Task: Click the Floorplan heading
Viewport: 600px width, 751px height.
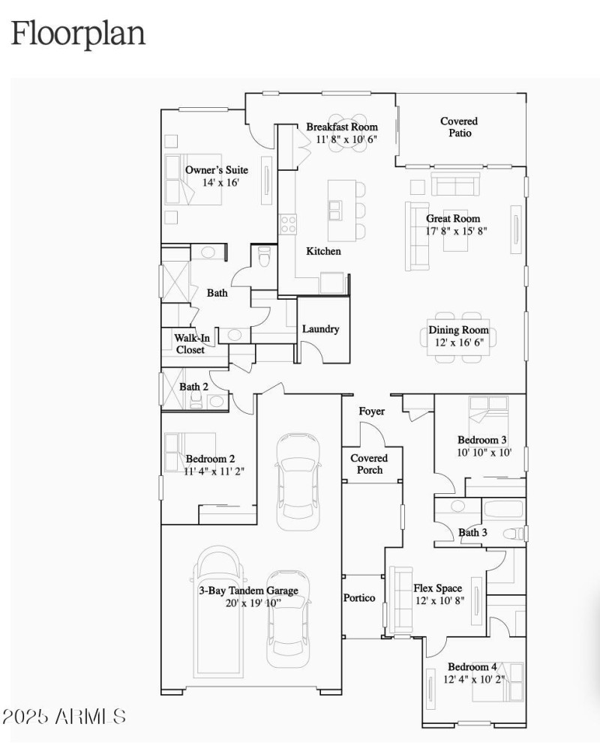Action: pos(78,34)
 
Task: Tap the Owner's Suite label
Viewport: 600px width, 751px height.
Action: pos(217,170)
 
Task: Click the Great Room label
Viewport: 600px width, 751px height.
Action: pos(453,219)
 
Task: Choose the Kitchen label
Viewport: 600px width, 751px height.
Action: pos(323,251)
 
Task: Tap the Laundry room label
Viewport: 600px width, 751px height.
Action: pos(320,329)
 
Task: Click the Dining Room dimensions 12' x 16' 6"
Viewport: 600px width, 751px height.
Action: pos(458,343)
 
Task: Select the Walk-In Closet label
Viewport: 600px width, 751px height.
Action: pos(190,344)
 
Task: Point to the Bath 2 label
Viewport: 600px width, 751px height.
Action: pos(193,387)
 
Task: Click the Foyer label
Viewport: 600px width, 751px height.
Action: pos(371,411)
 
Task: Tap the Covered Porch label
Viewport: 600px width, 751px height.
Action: pos(369,464)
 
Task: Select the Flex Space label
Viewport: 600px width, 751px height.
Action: pos(438,588)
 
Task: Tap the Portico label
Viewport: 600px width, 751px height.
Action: pos(359,597)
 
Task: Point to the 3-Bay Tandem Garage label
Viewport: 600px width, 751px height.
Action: pos(248,591)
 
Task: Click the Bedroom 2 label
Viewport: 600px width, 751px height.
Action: pos(211,459)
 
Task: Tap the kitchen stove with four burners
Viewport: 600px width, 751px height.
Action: pos(288,223)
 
